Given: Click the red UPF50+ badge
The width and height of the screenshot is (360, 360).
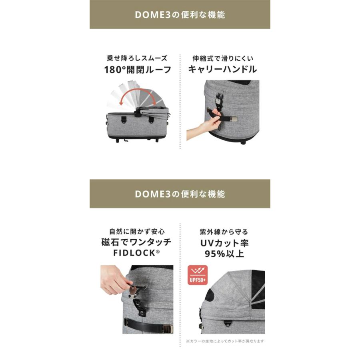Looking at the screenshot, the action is [x=198, y=275].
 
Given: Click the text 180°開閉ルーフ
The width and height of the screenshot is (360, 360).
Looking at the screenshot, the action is [x=138, y=70].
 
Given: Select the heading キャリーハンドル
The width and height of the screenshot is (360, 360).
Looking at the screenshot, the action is [x=222, y=69].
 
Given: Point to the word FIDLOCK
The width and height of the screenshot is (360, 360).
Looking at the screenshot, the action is [x=134, y=253].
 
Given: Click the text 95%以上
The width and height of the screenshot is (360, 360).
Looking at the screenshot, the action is [x=224, y=254].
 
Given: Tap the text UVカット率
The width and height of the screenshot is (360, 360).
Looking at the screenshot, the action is [x=224, y=243].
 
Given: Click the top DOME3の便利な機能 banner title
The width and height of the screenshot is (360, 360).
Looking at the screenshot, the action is [x=180, y=15].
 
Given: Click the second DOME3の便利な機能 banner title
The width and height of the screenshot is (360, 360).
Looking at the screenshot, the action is [x=180, y=194].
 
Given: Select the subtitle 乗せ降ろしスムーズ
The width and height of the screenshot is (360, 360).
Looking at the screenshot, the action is [x=137, y=58].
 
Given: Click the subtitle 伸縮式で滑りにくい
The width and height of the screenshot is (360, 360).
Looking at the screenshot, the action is [x=223, y=58].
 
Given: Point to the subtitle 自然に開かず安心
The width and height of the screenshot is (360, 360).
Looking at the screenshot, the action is [x=137, y=232].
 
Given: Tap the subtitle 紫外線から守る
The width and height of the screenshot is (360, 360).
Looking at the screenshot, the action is [x=224, y=232].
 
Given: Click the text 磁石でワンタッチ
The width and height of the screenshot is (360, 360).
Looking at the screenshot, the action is [x=136, y=242].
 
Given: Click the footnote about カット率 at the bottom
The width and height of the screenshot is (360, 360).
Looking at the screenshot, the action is [x=225, y=341].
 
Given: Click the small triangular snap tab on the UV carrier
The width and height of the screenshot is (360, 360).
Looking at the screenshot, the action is [x=228, y=324].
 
